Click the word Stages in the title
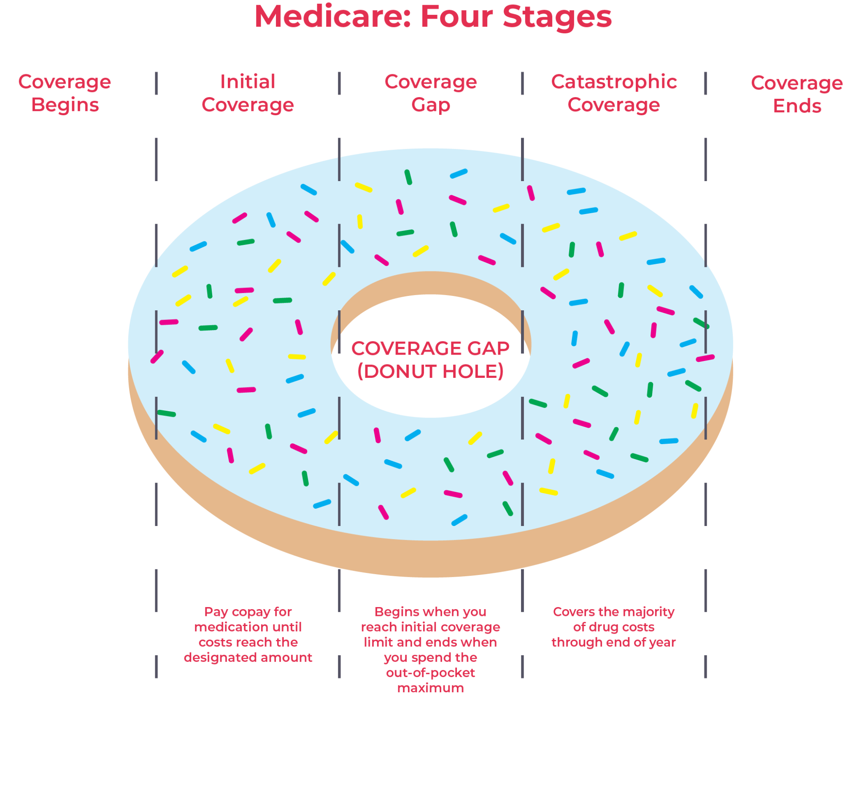(x=557, y=17)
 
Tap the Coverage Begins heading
(x=65, y=93)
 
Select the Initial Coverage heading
(x=248, y=93)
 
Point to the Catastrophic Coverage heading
(x=614, y=93)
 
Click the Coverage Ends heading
(x=797, y=94)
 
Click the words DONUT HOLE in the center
(x=430, y=371)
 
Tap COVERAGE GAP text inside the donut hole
(x=430, y=348)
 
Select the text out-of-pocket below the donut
(x=430, y=673)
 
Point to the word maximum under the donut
(x=430, y=688)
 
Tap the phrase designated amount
(x=248, y=658)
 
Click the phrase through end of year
(x=614, y=643)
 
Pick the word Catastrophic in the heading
(x=614, y=82)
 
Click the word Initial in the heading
(x=248, y=82)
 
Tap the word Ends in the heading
(x=797, y=106)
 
